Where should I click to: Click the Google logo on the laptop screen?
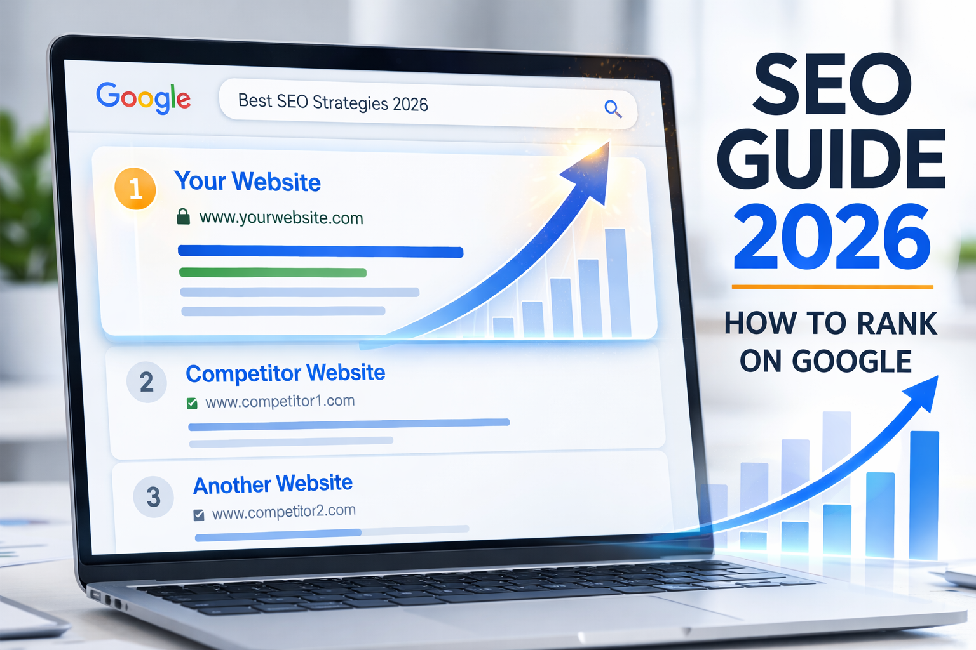(x=143, y=98)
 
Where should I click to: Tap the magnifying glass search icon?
(x=613, y=109)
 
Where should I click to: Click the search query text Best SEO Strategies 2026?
(x=333, y=102)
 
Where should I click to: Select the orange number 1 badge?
(x=135, y=189)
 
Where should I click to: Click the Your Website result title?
(x=247, y=182)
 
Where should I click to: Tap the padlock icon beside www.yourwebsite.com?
(x=183, y=216)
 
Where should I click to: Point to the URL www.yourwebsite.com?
(x=281, y=218)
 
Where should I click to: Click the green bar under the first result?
(x=273, y=272)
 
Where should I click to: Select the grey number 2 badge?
(x=147, y=382)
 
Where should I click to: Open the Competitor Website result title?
(x=285, y=373)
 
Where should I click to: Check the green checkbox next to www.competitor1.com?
(x=192, y=403)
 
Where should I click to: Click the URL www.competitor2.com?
(x=283, y=512)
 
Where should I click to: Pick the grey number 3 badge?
(x=153, y=496)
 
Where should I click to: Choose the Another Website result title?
(x=273, y=484)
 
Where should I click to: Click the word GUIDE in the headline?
(x=831, y=159)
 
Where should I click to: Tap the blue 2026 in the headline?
(x=831, y=237)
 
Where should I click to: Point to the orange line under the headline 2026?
(x=832, y=287)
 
